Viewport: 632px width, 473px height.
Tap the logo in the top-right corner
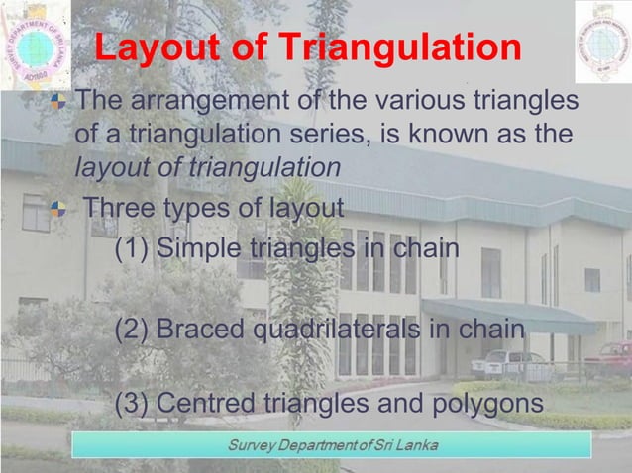click(x=602, y=41)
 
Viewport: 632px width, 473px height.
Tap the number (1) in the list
click(x=132, y=247)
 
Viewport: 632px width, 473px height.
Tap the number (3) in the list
click(x=132, y=404)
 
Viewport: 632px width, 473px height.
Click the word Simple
click(x=200, y=247)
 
